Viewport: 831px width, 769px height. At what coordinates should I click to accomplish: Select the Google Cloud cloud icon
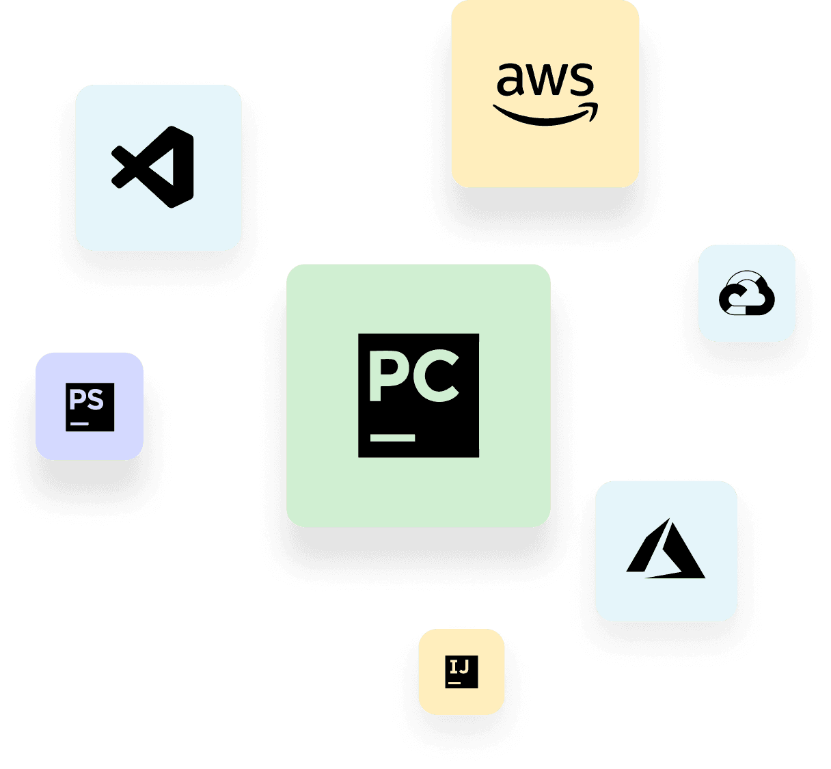747,294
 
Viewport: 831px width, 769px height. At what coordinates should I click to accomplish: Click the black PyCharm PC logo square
418,395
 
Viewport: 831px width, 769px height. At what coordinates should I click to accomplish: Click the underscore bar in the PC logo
393,437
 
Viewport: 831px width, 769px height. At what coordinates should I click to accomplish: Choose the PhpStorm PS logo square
90,407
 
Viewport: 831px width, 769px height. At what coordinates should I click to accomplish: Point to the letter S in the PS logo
96,399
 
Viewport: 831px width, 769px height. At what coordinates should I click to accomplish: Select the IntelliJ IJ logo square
461,672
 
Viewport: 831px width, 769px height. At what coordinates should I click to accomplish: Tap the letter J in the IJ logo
465,666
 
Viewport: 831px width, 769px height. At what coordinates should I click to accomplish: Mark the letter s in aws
582,80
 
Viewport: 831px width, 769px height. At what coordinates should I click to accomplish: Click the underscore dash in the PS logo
79,424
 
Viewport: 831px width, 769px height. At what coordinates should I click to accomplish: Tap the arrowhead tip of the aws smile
593,107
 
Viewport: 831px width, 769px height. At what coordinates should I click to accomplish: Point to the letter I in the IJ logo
454,666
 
